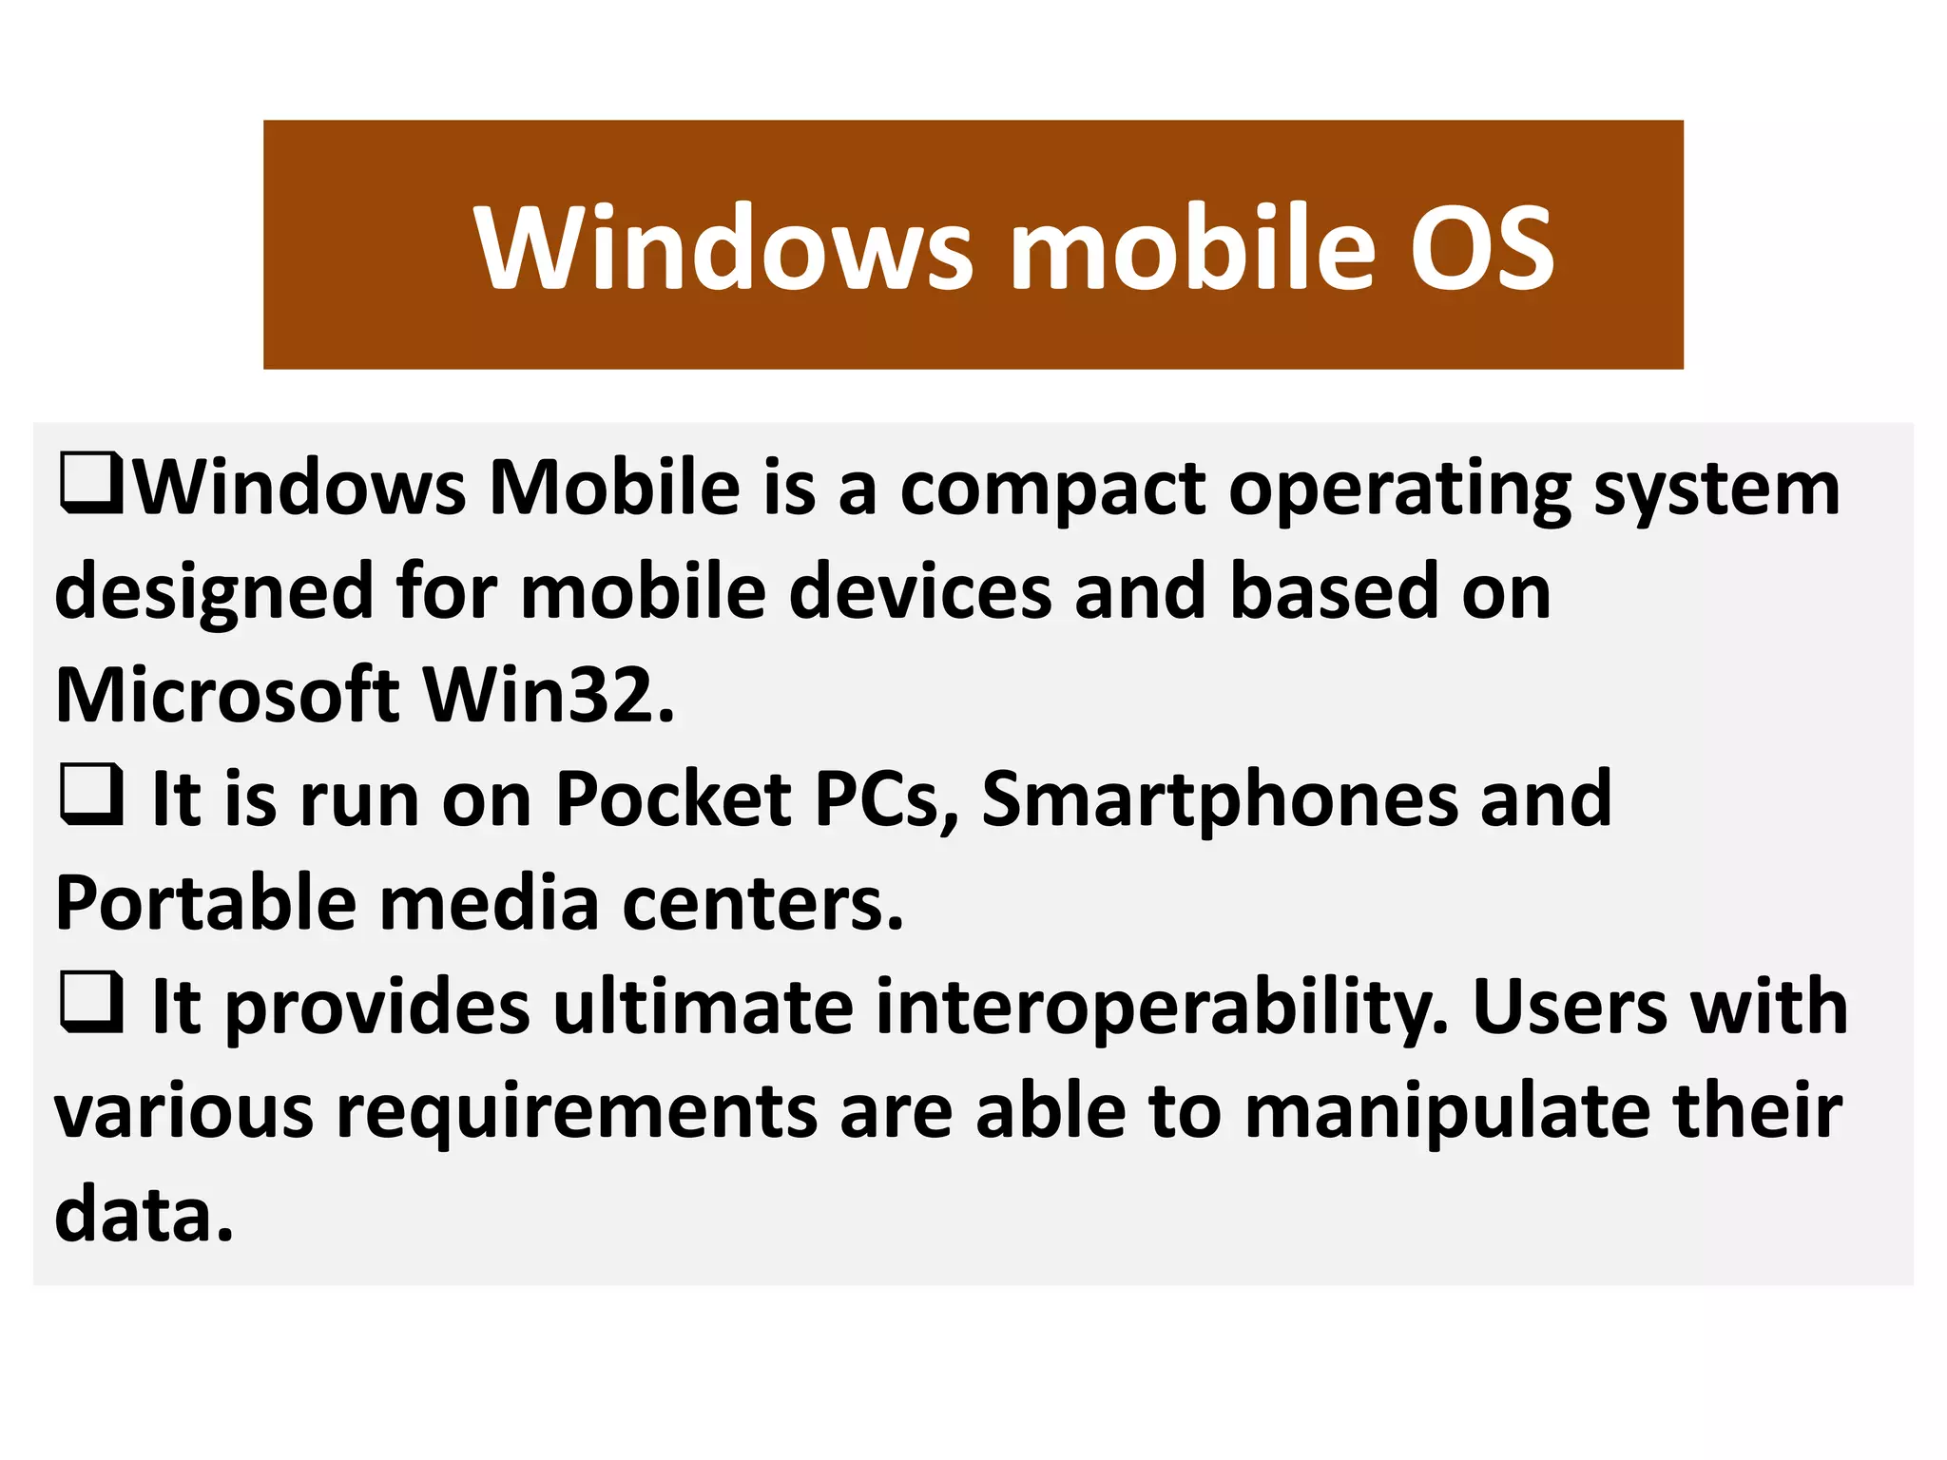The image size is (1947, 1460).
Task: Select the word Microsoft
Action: click(x=227, y=695)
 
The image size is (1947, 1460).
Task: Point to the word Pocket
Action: click(x=673, y=798)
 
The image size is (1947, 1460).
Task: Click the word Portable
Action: click(x=205, y=902)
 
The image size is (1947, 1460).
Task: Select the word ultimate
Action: click(x=704, y=1007)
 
